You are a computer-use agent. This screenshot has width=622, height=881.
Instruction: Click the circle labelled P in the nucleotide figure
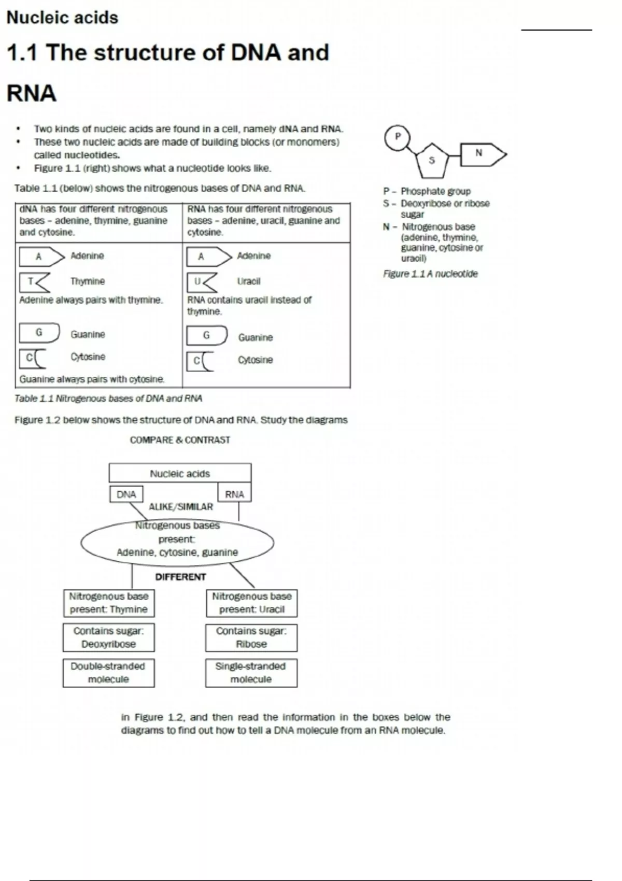tap(398, 137)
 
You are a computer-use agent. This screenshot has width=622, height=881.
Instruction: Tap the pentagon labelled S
tap(432, 161)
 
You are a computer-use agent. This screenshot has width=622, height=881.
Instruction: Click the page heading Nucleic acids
tap(62, 18)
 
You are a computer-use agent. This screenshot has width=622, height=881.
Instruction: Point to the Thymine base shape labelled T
tap(34, 282)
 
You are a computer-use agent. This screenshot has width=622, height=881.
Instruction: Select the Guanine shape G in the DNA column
tap(39, 333)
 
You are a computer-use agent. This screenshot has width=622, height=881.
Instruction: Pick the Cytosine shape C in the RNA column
tap(200, 361)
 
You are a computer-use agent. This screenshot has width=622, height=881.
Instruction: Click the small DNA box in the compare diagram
tap(126, 494)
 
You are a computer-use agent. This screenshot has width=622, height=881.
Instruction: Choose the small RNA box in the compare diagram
tap(234, 494)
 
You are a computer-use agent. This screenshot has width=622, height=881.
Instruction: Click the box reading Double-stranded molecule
tap(108, 673)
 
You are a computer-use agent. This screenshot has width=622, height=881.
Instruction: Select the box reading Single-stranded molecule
tap(251, 673)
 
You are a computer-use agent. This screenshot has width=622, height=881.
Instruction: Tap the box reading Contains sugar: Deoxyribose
tap(108, 637)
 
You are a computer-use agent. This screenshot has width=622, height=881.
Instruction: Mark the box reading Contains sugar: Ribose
tap(251, 637)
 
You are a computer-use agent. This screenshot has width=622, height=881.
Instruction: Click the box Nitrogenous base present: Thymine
tap(108, 603)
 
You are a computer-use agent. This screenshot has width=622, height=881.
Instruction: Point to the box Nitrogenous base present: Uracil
tap(251, 603)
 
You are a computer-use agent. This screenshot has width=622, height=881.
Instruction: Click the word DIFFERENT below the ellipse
tap(180, 577)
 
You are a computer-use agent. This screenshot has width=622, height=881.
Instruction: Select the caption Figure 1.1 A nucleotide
tap(430, 274)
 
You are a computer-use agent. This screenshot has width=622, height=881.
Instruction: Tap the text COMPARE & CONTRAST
tap(180, 440)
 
